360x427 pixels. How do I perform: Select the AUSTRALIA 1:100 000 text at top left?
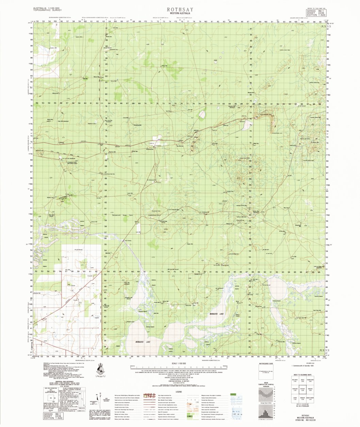click(47, 8)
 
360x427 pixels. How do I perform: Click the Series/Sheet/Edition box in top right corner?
click(316, 13)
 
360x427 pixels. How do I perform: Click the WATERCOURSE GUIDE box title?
click(266, 364)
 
